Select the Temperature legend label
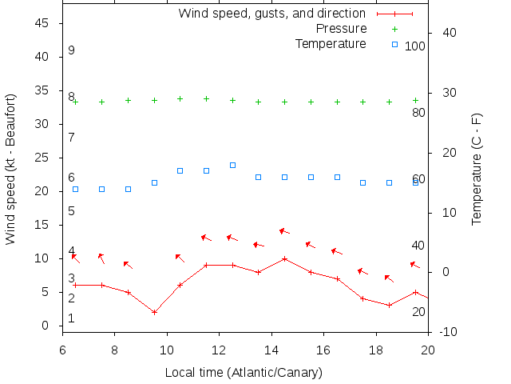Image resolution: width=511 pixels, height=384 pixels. pos(331,43)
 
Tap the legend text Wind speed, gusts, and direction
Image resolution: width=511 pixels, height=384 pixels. pos(271,14)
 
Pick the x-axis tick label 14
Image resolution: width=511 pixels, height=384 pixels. pos(271,350)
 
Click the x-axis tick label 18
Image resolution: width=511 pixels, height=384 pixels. pos(376,350)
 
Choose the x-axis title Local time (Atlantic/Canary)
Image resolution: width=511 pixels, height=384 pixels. pos(244,372)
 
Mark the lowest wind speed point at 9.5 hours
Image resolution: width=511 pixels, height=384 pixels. pos(154,312)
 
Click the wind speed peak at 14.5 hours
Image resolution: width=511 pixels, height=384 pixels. pos(284,258)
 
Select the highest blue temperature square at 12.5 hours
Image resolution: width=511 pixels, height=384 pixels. pos(232,165)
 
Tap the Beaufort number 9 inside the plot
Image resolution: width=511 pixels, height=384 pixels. pos(71,50)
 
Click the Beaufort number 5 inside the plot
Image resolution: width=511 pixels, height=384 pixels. pos(71,211)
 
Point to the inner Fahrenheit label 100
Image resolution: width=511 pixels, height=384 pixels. pos(415,46)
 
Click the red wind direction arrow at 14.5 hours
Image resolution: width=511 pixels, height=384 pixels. pos(284,232)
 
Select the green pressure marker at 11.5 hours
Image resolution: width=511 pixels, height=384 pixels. pos(206,98)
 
